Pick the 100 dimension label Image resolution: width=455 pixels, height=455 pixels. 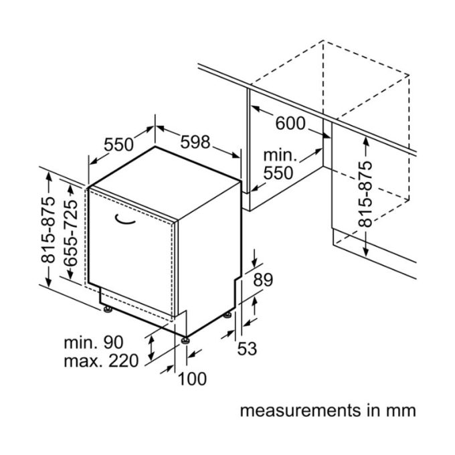click(192, 379)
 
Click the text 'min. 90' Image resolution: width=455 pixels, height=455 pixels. click(93, 343)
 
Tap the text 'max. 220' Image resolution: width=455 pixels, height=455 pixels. click(100, 362)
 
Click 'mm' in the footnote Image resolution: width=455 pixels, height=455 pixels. click(403, 409)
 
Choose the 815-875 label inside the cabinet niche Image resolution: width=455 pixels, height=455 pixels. click(365, 195)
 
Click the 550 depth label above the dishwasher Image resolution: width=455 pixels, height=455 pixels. click(118, 145)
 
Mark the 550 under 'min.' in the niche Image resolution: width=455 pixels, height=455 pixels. click(278, 173)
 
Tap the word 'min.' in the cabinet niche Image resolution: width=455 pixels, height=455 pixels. click(279, 155)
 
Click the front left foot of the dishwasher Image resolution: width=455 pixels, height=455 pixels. click(107, 310)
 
